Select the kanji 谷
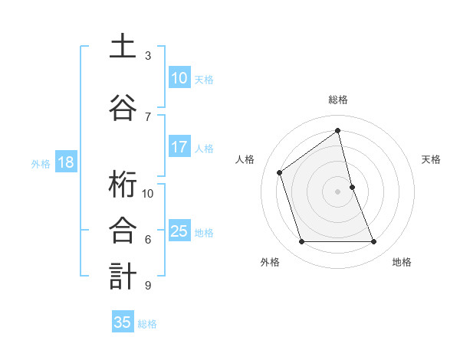123,108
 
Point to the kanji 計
123,277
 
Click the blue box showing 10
179,78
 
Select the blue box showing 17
179,147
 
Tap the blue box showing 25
179,231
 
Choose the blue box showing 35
123,322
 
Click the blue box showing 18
65,162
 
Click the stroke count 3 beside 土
148,56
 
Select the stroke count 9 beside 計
148,286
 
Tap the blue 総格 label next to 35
148,324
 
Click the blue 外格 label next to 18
41,163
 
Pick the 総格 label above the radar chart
338,100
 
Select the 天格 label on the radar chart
432,159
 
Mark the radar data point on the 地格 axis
374,242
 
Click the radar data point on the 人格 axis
280,172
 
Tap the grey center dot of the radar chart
338,191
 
